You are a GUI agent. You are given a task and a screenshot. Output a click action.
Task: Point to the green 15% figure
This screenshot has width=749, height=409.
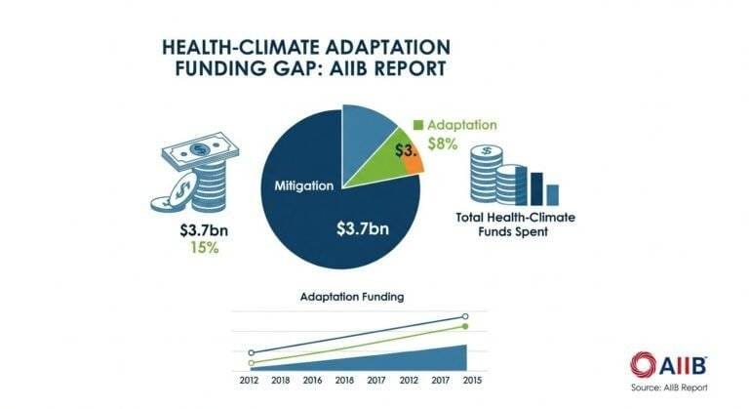189,250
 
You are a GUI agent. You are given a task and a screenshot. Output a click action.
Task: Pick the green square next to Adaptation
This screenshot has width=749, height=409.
417,125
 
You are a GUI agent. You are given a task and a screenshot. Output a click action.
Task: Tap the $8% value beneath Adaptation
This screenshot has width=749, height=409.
447,144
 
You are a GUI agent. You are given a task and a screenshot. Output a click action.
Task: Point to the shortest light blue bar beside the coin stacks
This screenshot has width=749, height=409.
552,191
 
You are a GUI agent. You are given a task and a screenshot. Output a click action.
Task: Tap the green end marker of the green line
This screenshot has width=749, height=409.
465,326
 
